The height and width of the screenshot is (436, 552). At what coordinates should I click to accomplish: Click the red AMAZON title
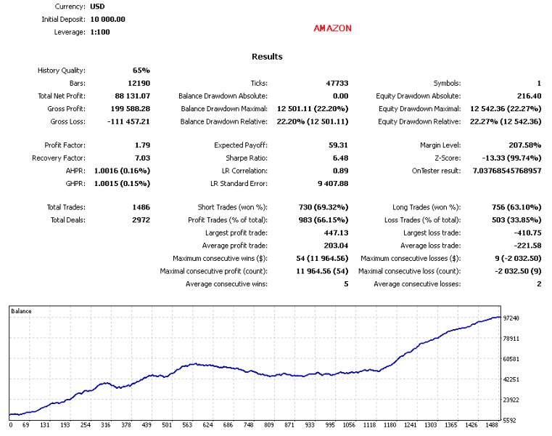pyautogui.click(x=332, y=28)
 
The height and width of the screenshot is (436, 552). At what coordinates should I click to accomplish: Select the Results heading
pyautogui.click(x=267, y=57)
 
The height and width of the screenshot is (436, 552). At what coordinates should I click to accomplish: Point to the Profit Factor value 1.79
pyautogui.click(x=142, y=145)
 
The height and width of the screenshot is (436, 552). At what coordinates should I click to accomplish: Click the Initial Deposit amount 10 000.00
pyautogui.click(x=108, y=19)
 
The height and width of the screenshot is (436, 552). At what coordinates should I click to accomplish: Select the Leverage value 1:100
pyautogui.click(x=101, y=32)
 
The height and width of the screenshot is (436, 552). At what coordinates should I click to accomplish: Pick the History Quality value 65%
pyautogui.click(x=141, y=70)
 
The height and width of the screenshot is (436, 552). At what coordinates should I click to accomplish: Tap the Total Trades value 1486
pyautogui.click(x=139, y=207)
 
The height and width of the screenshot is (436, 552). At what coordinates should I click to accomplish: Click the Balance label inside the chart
pyautogui.click(x=22, y=311)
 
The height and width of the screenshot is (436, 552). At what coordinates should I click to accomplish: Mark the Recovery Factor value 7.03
pyautogui.click(x=142, y=158)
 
